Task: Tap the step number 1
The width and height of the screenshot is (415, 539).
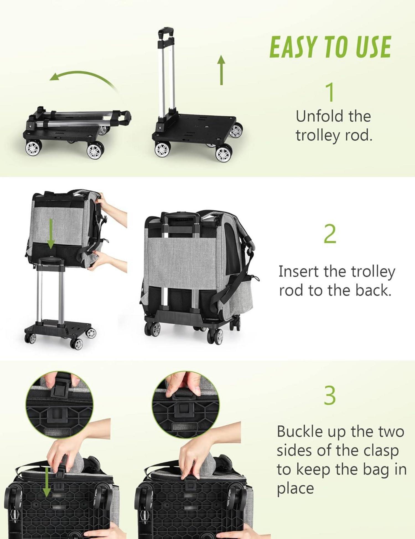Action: [330, 92]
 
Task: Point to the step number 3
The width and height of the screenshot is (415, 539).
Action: [330, 396]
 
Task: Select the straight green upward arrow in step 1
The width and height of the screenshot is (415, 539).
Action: [221, 70]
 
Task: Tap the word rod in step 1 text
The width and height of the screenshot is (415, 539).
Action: [357, 136]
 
